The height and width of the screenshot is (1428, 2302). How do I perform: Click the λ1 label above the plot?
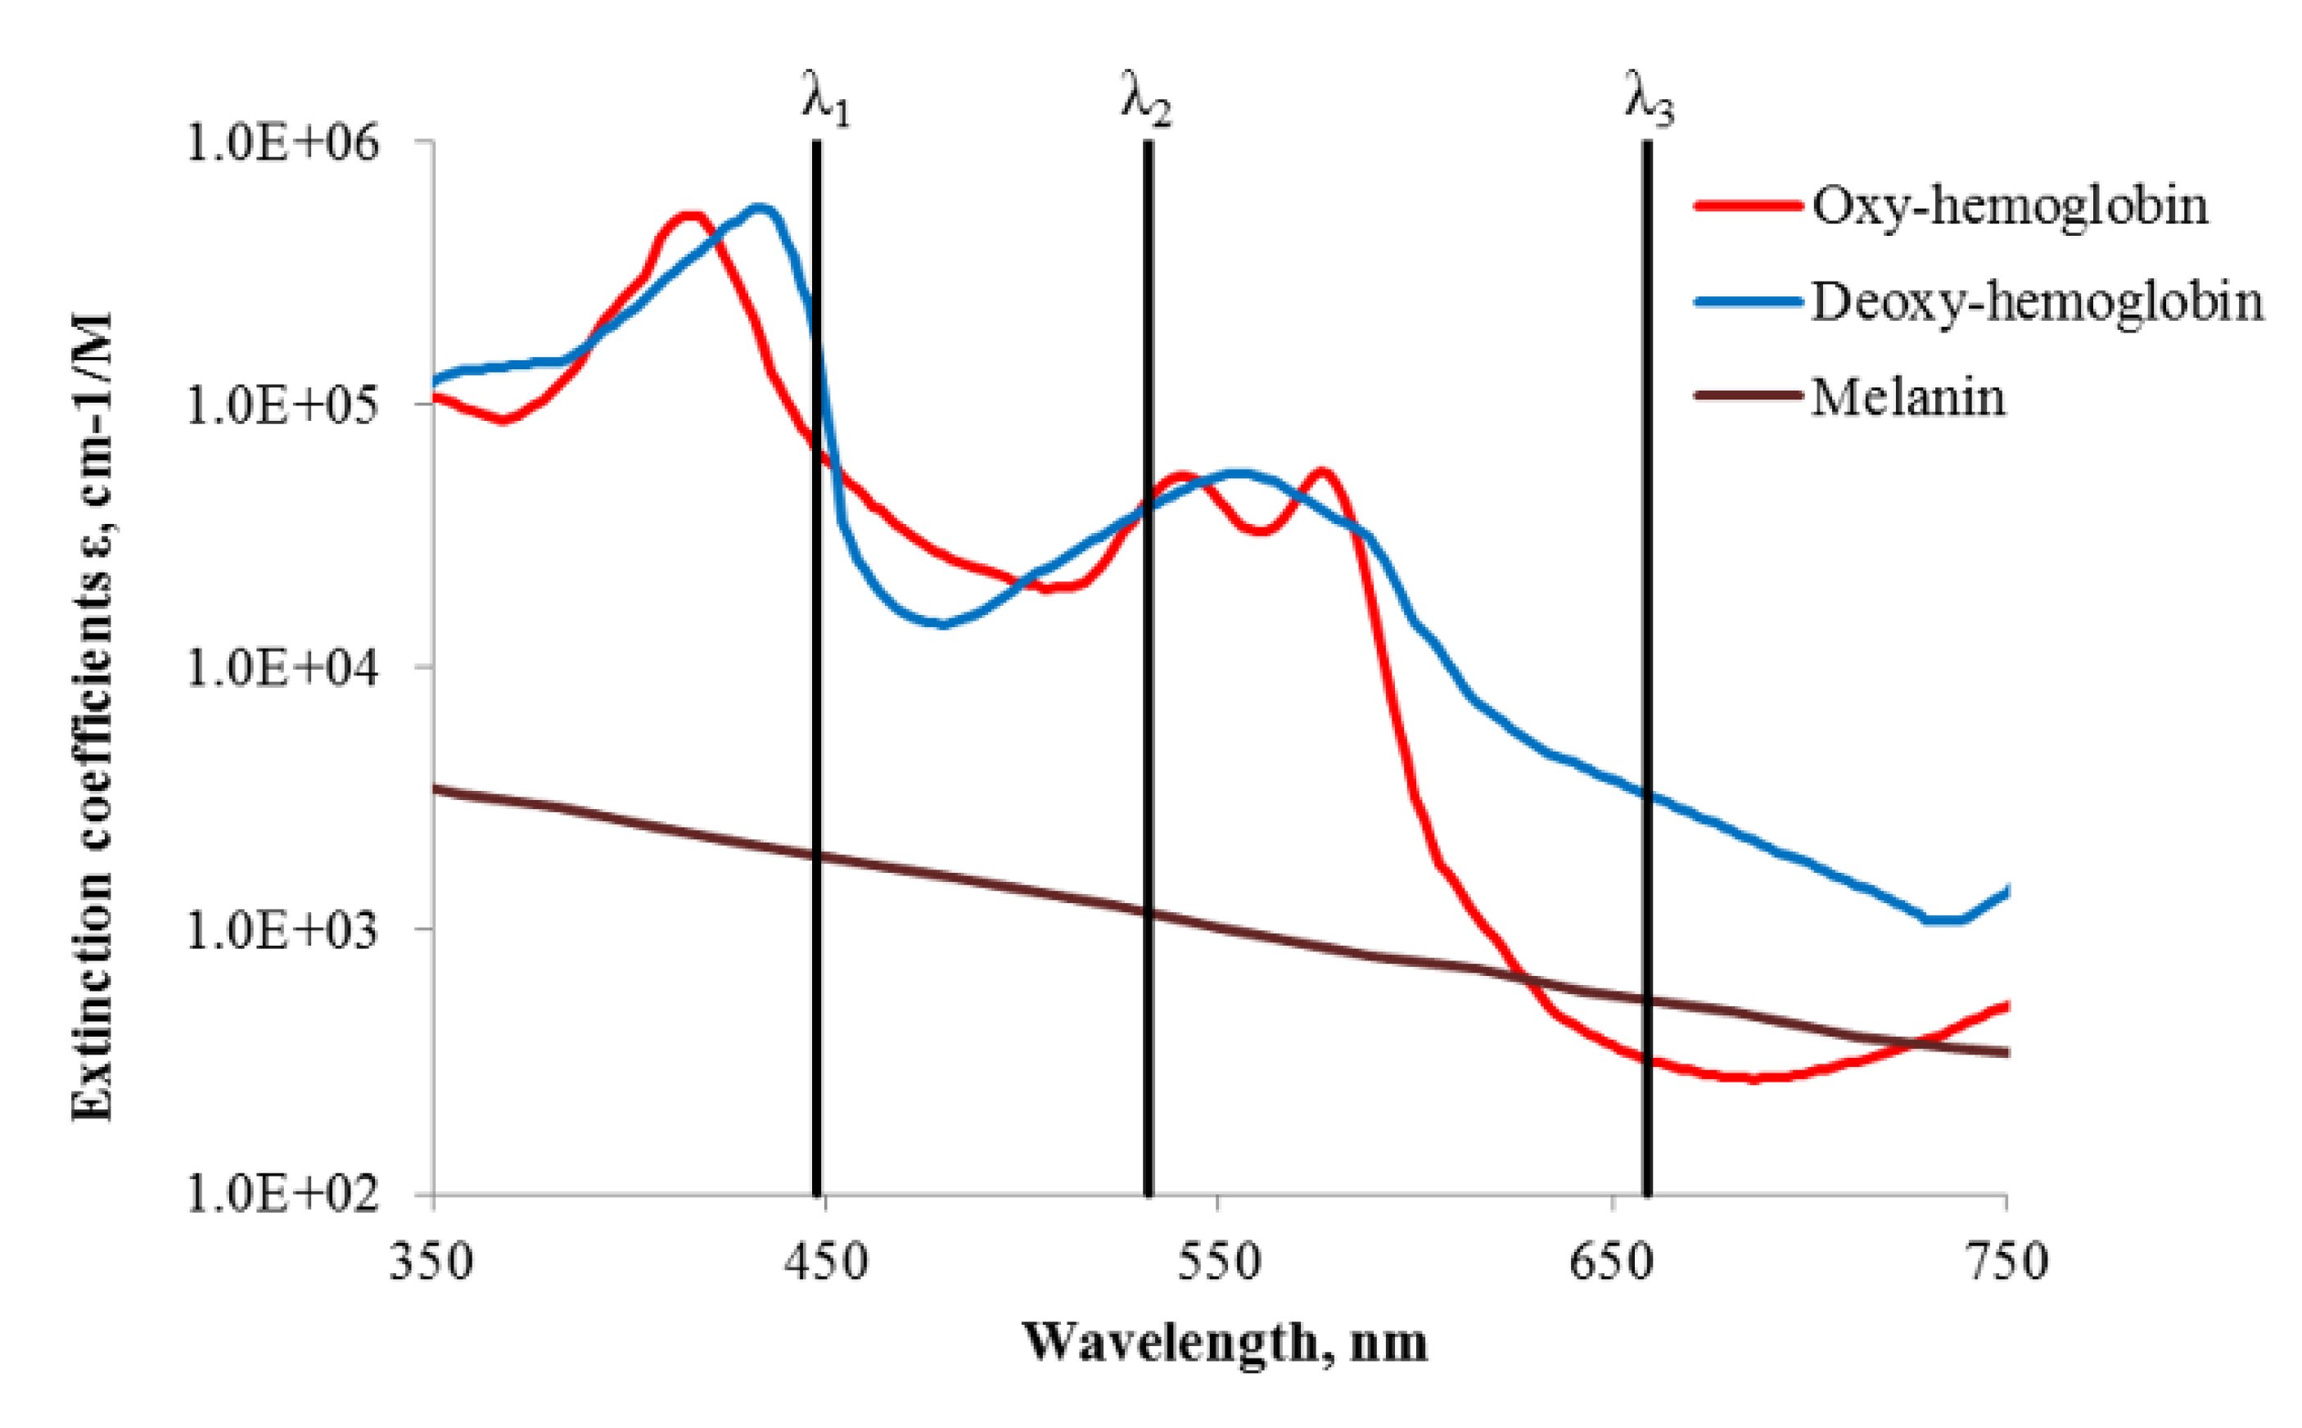coord(825,98)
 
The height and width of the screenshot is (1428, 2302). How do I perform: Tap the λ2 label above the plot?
coord(1146,98)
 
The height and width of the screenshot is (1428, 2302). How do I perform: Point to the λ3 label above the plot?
coord(1649,98)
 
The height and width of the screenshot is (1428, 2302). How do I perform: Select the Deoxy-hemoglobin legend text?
coord(2037,302)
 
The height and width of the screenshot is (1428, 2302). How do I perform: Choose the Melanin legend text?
coord(1908,396)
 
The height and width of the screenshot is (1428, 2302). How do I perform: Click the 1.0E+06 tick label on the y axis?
coord(282,142)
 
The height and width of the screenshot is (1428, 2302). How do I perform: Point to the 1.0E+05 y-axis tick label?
coord(282,405)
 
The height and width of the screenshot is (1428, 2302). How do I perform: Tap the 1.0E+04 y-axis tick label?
coord(282,667)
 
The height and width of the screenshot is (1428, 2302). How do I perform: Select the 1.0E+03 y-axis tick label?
coord(282,930)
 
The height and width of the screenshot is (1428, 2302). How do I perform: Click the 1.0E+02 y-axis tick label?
coord(282,1194)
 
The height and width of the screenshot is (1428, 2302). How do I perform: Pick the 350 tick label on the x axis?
coord(431,1263)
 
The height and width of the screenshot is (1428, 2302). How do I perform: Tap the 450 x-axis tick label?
coord(826,1263)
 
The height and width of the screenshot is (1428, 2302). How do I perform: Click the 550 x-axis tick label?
coord(1219,1263)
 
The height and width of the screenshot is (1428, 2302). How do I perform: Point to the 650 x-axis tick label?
coord(1612,1263)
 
